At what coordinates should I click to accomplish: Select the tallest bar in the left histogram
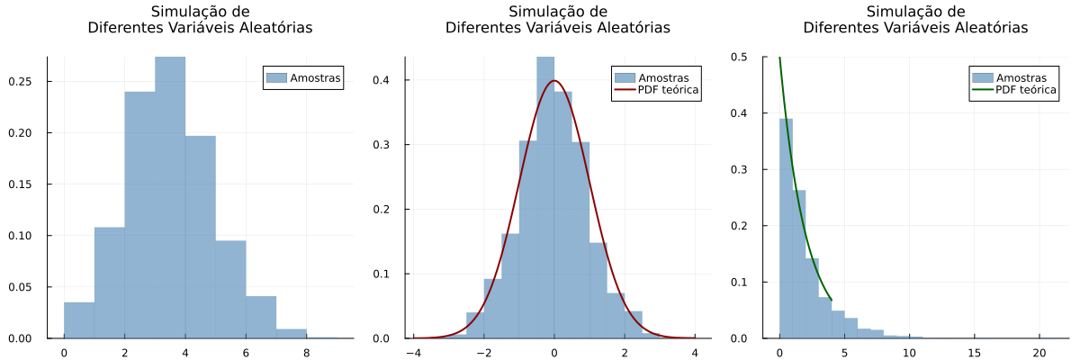tap(170, 198)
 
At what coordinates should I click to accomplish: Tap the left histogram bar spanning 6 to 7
tap(261, 318)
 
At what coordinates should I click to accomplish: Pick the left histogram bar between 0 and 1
tap(79, 320)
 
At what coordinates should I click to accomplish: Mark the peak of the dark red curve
tap(554, 81)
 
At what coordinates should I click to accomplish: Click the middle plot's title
tap(558, 20)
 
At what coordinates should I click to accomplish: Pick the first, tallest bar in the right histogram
tap(786, 229)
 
